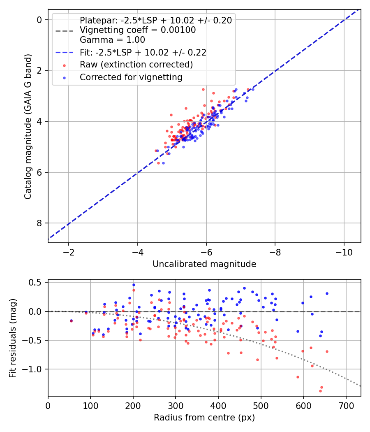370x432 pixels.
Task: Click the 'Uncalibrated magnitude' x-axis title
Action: (204, 264)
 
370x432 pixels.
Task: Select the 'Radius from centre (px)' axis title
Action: (204, 418)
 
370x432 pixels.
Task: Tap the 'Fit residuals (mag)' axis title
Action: (13, 338)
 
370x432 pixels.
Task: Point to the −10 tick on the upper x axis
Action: (344, 252)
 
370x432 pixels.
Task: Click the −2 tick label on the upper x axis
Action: (69, 252)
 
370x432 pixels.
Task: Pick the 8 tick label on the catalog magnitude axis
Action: (39, 223)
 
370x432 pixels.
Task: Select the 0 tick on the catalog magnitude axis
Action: (39, 20)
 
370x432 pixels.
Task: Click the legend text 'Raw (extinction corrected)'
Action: (136, 65)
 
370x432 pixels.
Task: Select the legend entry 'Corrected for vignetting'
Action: (131, 77)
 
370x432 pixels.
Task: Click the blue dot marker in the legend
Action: (64, 77)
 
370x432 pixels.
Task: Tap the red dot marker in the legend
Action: (64, 65)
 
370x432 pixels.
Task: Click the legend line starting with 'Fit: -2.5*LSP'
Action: (143, 52)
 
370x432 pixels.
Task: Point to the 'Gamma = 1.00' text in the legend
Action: (112, 40)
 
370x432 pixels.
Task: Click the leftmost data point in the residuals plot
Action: (71, 321)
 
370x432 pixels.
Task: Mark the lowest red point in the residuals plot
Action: (320, 391)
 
